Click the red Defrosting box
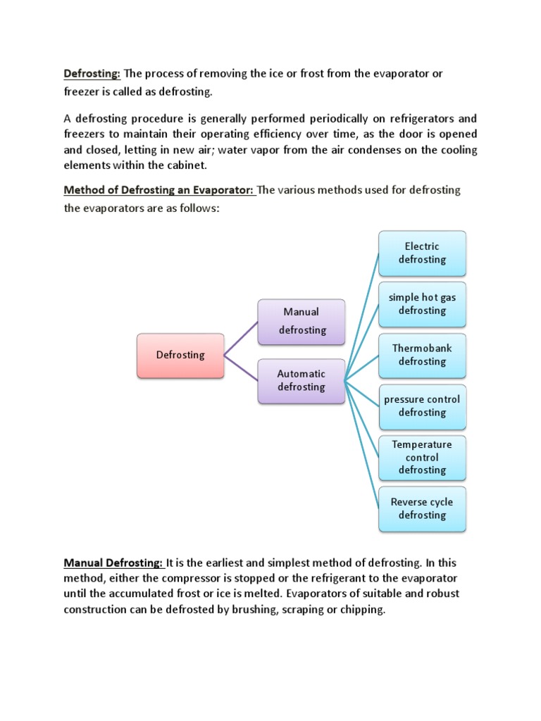click(x=180, y=355)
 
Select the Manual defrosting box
click(x=301, y=321)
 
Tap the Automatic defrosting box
click(x=301, y=381)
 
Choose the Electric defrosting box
click(x=422, y=253)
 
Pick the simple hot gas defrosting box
click(x=422, y=304)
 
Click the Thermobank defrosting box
click(x=422, y=355)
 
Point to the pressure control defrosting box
click(x=422, y=406)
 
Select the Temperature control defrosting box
click(x=422, y=457)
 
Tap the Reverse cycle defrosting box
click(x=422, y=508)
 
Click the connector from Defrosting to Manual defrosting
click(x=241, y=337)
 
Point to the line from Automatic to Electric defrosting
click(x=362, y=317)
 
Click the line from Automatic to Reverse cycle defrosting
click(x=362, y=444)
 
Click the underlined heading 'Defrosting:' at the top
click(x=92, y=73)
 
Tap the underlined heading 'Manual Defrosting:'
click(x=114, y=563)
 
